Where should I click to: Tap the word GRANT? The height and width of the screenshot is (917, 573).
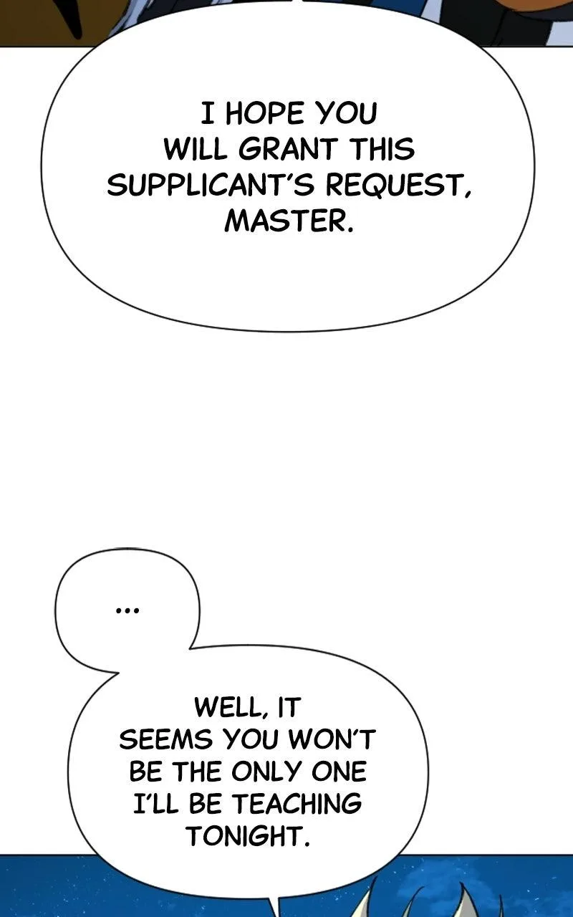click(288, 149)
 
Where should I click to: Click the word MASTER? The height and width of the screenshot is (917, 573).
click(288, 221)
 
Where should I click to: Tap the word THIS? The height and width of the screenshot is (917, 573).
click(382, 149)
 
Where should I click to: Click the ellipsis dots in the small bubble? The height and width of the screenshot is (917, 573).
click(127, 612)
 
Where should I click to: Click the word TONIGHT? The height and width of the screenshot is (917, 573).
click(248, 835)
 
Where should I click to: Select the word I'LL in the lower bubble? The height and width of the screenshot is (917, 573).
click(155, 803)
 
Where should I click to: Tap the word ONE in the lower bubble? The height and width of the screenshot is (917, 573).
click(339, 772)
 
